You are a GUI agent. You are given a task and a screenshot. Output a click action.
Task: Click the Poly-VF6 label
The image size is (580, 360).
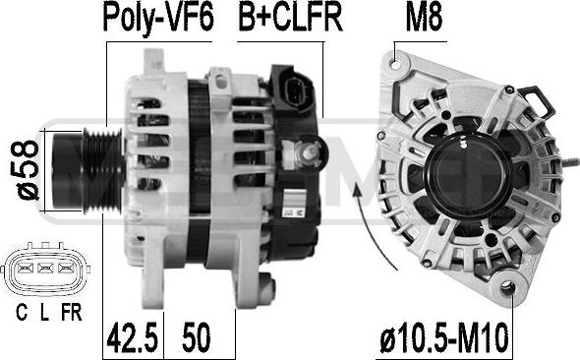click(x=158, y=18)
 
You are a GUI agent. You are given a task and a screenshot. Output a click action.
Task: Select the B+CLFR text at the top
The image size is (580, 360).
click(x=290, y=17)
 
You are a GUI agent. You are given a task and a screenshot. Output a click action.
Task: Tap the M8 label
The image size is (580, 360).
click(x=424, y=18)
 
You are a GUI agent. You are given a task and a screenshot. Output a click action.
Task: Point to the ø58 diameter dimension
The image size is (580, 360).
click(x=29, y=170)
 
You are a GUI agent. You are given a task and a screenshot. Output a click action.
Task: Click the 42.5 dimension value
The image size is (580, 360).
click(x=133, y=337)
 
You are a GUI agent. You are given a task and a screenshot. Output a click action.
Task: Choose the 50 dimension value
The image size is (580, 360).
click(x=196, y=337)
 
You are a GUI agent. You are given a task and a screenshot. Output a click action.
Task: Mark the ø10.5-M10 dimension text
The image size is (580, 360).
click(x=444, y=337)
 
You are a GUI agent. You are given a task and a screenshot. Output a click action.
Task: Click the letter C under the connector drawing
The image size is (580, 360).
click(x=22, y=313)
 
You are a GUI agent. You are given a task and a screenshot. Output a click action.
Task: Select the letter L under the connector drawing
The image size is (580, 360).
click(x=44, y=313)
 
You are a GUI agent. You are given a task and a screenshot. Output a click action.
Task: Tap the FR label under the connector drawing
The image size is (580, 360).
click(x=72, y=313)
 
